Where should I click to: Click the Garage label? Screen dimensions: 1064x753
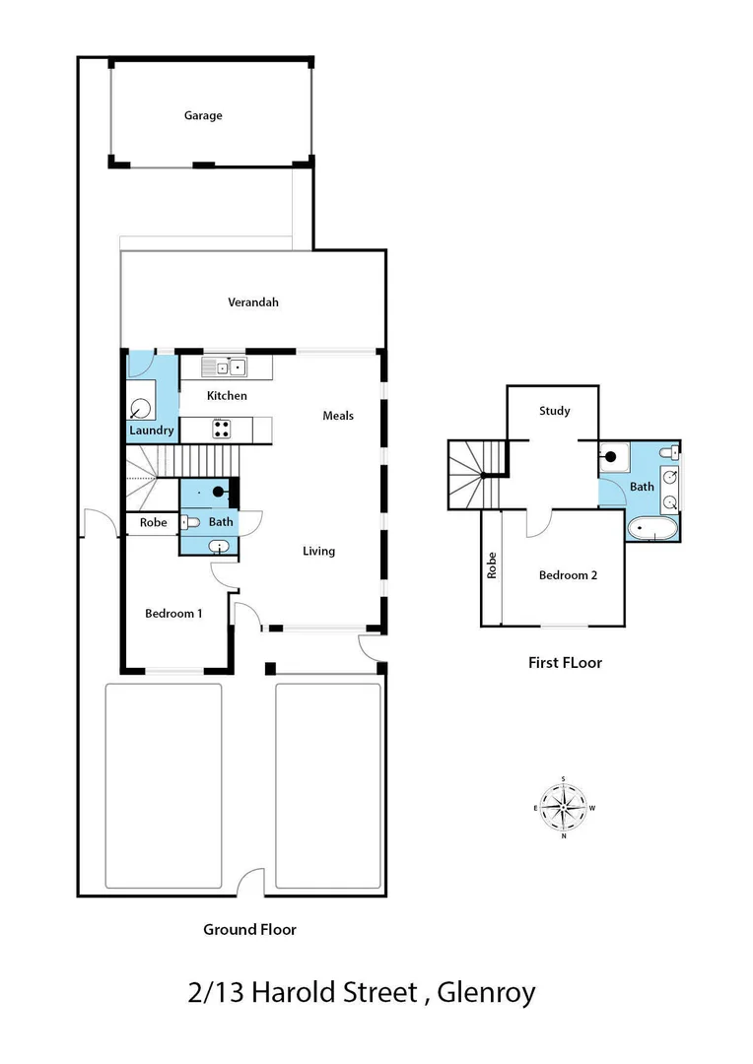click(x=203, y=115)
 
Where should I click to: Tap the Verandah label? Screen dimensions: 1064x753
click(x=253, y=302)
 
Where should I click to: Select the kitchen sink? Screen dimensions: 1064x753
click(x=229, y=368)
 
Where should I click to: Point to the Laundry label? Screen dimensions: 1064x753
click(x=152, y=431)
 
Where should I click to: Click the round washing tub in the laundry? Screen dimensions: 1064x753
click(x=141, y=409)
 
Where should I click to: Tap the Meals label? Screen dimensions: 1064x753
click(x=338, y=416)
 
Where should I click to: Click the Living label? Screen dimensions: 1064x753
click(x=318, y=551)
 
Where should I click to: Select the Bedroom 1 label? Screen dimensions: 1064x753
click(x=173, y=613)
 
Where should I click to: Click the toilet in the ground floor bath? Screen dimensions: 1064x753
click(x=190, y=522)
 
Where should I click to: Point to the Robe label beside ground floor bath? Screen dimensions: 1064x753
click(x=153, y=522)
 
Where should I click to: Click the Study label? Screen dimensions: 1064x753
click(x=555, y=411)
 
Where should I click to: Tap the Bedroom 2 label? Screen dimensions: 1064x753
click(x=568, y=575)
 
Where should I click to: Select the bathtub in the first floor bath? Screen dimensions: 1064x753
click(x=652, y=529)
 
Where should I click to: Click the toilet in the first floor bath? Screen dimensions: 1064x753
click(x=670, y=453)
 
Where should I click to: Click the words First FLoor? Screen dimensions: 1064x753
click(x=565, y=663)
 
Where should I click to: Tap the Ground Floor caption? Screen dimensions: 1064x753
click(x=249, y=929)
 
